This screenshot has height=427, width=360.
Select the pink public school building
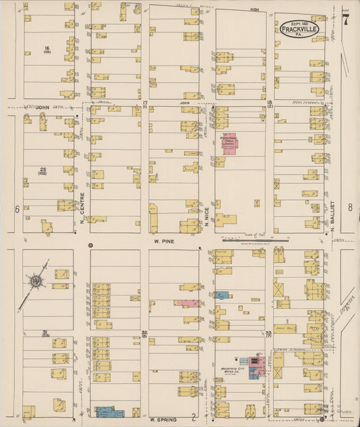(230, 143)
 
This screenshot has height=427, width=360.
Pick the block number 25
(45, 168)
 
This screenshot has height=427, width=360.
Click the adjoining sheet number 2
(193, 417)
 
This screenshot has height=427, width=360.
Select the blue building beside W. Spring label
(109, 411)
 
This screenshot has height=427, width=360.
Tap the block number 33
(268, 332)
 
